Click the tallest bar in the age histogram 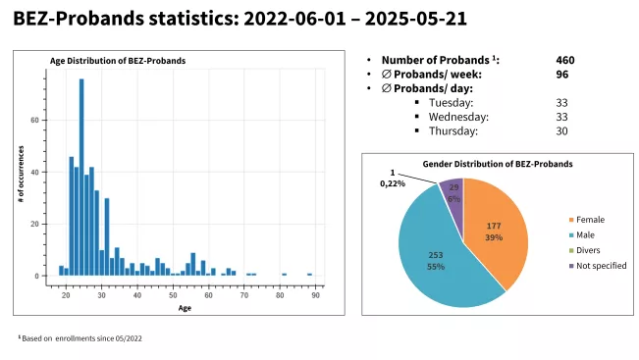click(x=81, y=178)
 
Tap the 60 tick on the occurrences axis click(x=34, y=121)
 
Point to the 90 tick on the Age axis click(x=316, y=295)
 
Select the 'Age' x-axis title click(x=185, y=308)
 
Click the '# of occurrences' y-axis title click(x=22, y=174)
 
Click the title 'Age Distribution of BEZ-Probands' click(x=118, y=61)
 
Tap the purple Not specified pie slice click(x=453, y=191)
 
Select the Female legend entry click(x=587, y=220)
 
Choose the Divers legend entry click(x=585, y=250)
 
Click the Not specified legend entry click(x=598, y=266)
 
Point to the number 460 click(x=565, y=60)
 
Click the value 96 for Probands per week click(x=562, y=75)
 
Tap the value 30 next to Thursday click(x=561, y=131)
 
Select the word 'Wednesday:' click(x=458, y=117)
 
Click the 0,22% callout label click(x=393, y=183)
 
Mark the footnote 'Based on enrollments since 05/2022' click(x=81, y=338)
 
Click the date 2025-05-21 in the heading click(x=415, y=19)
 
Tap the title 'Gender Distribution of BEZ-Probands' click(x=498, y=164)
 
